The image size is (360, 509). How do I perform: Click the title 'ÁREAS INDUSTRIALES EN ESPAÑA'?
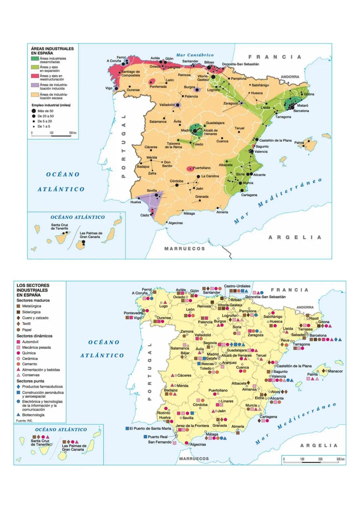click(52, 51)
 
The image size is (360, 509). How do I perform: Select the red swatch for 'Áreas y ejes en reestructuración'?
click(35, 76)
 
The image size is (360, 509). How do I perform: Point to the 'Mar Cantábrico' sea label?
click(195, 55)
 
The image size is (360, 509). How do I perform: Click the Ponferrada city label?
click(158, 87)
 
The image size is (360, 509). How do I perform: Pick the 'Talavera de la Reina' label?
click(173, 145)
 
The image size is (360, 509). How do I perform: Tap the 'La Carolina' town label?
click(210, 176)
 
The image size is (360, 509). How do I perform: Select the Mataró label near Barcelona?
click(303, 105)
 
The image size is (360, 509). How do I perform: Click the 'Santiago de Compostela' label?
click(130, 73)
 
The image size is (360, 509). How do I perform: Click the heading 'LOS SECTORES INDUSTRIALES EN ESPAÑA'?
click(33, 290)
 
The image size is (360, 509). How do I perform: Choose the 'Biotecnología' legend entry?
click(33, 415)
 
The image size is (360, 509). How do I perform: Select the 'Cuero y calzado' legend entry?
click(35, 318)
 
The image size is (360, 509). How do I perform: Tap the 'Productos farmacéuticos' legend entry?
click(42, 387)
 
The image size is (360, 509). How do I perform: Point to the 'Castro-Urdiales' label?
click(237, 286)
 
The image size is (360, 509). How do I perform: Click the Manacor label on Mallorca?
click(335, 371)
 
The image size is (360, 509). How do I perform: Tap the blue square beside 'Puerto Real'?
click(145, 436)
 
